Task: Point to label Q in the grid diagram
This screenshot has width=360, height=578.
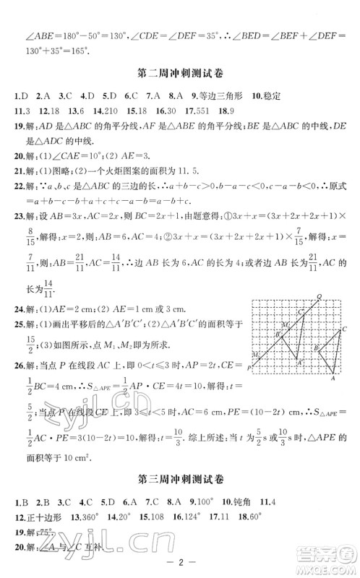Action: (318, 296)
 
